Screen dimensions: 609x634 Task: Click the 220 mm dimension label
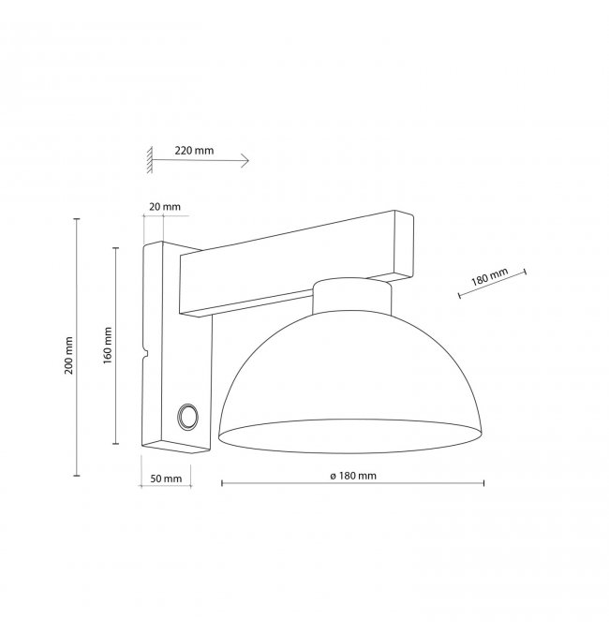194,151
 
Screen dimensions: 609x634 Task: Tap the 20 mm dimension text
165,207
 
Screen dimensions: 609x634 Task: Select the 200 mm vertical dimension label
68,356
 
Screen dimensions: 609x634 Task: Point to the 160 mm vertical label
107,346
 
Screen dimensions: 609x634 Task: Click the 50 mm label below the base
166,479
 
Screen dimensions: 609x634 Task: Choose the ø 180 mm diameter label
353,476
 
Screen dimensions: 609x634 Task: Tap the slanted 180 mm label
489,277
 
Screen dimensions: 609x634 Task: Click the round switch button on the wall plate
187,416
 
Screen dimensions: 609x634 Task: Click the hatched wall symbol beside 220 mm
150,160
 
